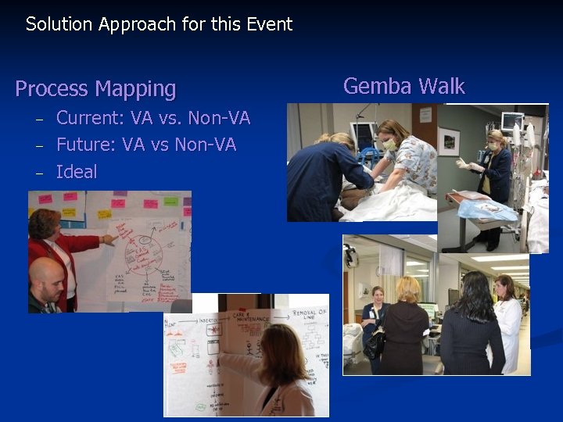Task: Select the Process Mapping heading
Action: click(95, 89)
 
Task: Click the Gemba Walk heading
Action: click(403, 86)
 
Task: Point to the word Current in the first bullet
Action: click(88, 119)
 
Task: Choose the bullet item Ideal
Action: click(77, 172)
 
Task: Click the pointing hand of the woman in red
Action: click(109, 239)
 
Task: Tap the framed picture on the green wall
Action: click(449, 141)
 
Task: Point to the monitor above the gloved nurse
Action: click(512, 121)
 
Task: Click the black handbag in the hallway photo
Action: click(374, 342)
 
